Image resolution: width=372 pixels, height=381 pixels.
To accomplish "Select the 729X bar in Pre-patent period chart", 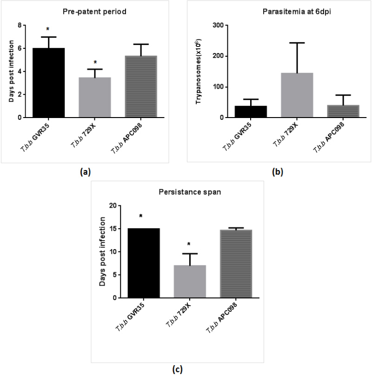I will [94, 98].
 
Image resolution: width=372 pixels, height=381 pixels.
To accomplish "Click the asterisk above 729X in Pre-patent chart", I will [94, 62].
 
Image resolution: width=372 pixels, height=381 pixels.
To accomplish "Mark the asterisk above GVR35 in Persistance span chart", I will [140, 217].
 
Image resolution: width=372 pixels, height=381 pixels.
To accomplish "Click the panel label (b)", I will [278, 172].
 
